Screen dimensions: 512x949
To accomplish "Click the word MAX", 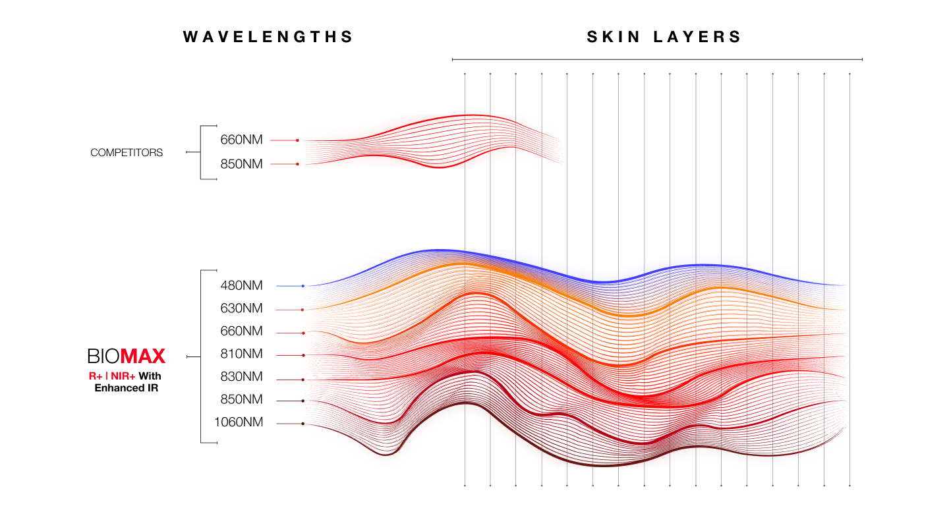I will [x=142, y=356].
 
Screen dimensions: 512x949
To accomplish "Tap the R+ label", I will [x=96, y=376].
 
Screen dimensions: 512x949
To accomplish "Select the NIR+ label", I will [x=123, y=376].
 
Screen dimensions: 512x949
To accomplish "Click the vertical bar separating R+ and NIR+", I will [x=107, y=376].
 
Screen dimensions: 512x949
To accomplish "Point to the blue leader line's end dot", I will [x=302, y=286].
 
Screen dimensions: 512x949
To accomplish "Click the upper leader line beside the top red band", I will [x=283, y=140].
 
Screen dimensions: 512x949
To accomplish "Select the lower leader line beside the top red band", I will [x=283, y=164].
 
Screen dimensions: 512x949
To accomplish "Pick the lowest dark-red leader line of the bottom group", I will [x=290, y=424].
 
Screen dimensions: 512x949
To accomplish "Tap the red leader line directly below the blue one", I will [x=289, y=310].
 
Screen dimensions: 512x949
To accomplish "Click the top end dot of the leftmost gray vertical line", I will [x=465, y=74].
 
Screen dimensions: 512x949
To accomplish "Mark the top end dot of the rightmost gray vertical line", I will [x=849, y=74].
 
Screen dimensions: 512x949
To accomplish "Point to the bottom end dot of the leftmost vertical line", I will [x=465, y=486].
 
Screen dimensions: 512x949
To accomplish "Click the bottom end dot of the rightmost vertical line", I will [x=849, y=486].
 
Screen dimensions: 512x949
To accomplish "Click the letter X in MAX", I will [x=158, y=356].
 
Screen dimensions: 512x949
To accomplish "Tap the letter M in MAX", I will [x=128, y=356].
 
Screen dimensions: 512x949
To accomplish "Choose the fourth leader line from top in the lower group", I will [x=290, y=355].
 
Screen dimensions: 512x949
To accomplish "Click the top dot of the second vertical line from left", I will [x=490, y=74].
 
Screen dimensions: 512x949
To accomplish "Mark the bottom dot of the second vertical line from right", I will [x=824, y=486].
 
